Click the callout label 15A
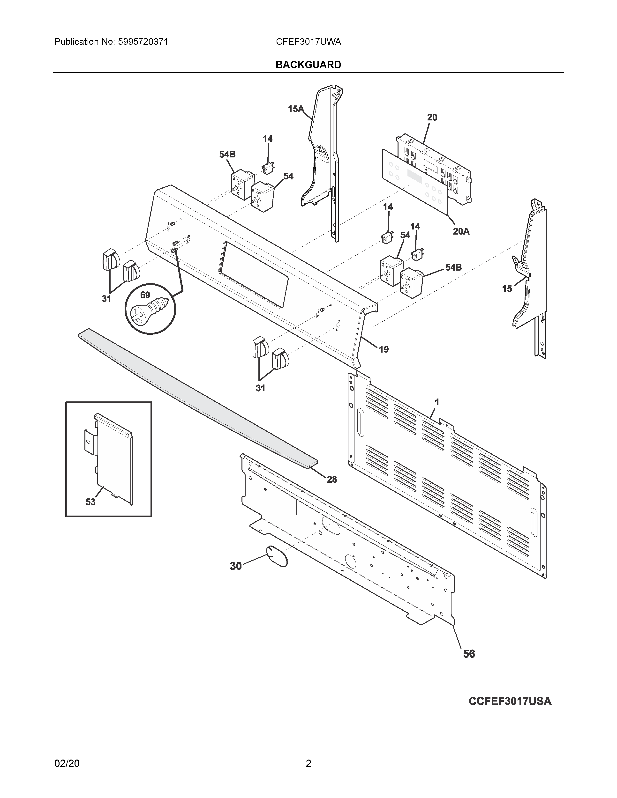(295, 109)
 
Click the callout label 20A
(461, 231)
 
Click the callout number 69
(145, 295)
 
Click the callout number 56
(469, 654)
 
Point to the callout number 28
(331, 479)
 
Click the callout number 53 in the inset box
(90, 502)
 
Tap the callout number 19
(384, 349)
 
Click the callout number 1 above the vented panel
(437, 402)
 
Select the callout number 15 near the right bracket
(507, 289)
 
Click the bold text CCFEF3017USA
(510, 701)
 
